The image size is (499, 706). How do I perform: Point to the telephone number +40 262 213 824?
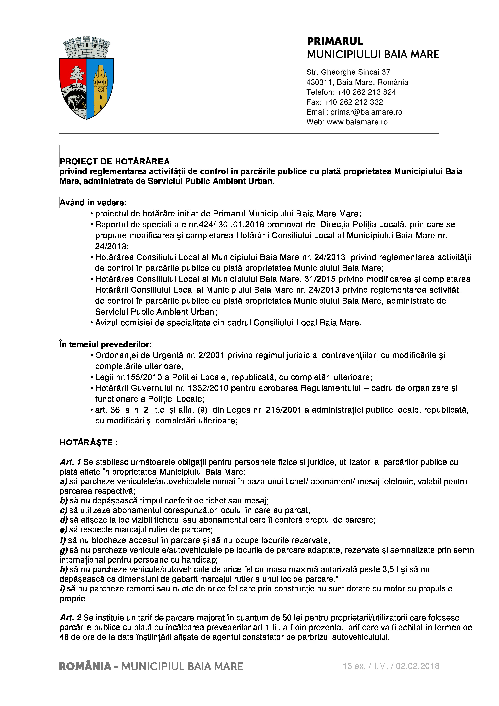pos(366,92)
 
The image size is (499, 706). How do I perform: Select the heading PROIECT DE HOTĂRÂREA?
pos(115,161)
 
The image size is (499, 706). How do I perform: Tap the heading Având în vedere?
pos(93,203)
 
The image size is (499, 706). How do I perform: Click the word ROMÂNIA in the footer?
pos(85,666)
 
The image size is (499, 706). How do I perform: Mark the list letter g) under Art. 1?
pos(63,550)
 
